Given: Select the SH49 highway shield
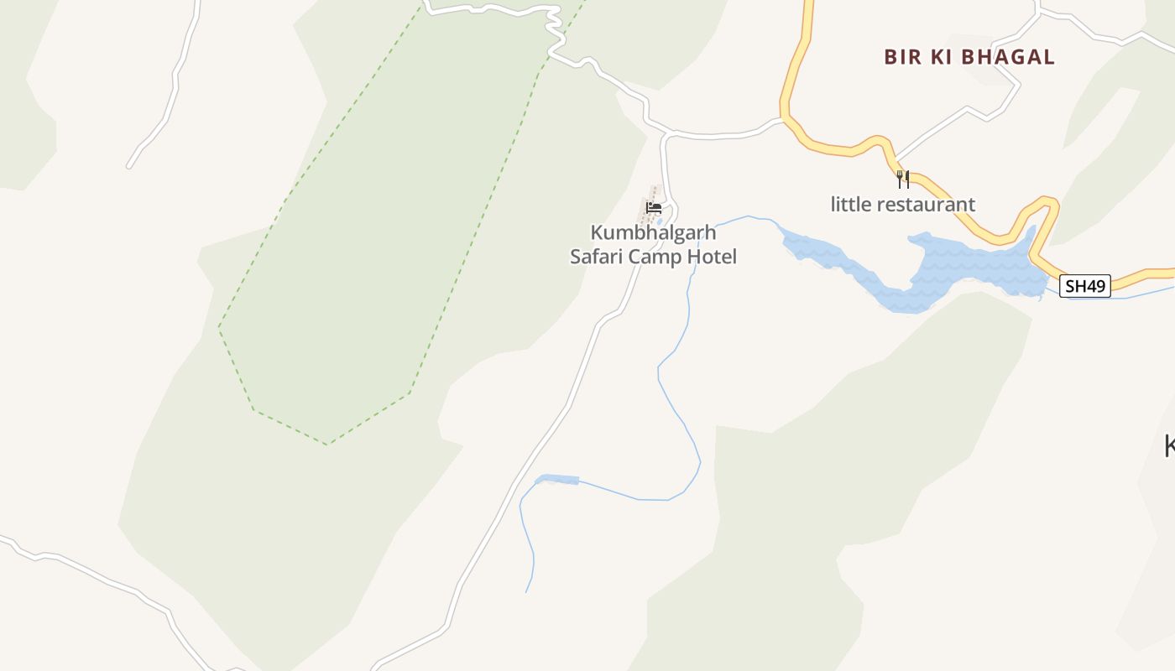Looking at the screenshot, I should [x=1084, y=286].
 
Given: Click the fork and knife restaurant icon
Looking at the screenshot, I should [x=903, y=179].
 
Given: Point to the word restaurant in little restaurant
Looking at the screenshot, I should [x=926, y=204].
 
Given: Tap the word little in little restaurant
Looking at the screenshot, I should [x=849, y=204].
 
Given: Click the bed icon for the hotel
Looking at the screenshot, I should [x=653, y=208].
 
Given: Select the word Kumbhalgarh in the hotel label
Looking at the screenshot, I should [x=653, y=232].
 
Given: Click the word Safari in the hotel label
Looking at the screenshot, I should [x=597, y=257].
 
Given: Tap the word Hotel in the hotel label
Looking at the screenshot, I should [x=712, y=257].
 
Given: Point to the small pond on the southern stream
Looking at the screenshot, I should [x=557, y=480].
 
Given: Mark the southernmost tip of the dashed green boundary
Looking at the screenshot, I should [x=326, y=444].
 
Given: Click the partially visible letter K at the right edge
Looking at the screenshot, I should [x=1169, y=445].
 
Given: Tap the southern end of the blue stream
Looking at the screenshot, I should [x=526, y=591].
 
